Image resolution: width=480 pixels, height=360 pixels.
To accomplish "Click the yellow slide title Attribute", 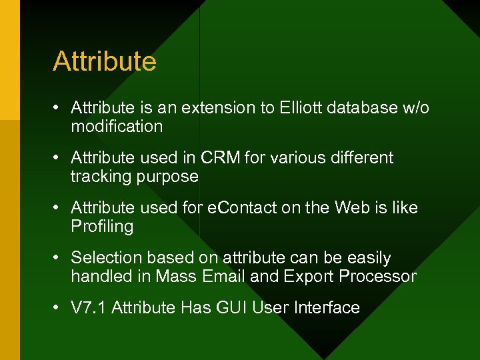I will tap(105, 61).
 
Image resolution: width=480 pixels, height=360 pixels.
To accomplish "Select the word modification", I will tap(117, 127).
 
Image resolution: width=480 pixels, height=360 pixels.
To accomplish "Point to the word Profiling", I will tap(102, 227).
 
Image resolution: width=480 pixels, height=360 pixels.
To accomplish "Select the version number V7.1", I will tap(89, 308).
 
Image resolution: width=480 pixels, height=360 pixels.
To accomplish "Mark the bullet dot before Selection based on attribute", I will tap(59, 258).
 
